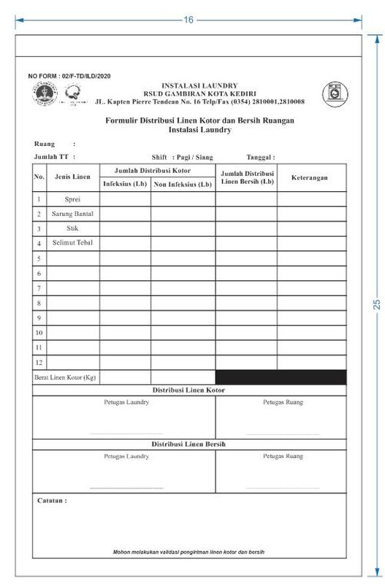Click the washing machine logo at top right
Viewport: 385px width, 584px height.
335,93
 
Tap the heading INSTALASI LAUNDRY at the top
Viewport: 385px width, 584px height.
199,85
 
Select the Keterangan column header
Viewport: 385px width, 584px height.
309,177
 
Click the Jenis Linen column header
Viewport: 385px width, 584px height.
72,177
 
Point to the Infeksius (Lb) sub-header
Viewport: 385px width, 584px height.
125,183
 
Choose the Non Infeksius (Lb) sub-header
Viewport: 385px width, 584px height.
183,183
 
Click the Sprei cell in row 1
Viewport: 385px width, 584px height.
72,199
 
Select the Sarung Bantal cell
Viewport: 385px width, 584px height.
72,214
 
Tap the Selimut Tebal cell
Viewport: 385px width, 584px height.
72,242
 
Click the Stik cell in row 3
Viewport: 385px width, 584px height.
72,228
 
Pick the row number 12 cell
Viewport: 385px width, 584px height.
39,362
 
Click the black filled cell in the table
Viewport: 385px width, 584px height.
281,377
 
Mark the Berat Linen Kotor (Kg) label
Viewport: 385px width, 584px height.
66,377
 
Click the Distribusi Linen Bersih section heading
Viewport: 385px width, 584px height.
188,444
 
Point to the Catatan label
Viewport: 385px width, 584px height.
51,502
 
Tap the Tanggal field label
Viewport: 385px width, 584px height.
260,157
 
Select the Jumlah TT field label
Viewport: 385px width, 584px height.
54,157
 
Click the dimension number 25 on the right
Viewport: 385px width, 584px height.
377,304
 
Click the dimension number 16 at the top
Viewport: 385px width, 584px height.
188,20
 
